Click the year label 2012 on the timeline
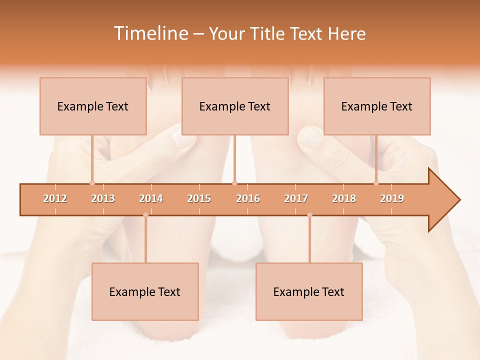click(55, 198)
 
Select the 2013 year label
click(103, 198)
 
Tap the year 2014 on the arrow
click(151, 198)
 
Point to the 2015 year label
click(199, 198)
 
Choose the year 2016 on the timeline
click(248, 198)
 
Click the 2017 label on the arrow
click(296, 198)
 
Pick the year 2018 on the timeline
click(344, 198)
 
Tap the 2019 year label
click(392, 198)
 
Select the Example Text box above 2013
click(93, 106)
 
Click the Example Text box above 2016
click(235, 106)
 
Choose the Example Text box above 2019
click(377, 106)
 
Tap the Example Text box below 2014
click(145, 292)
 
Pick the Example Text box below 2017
click(309, 292)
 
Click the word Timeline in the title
click(150, 33)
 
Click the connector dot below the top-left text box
click(92, 183)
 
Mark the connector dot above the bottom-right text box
click(309, 215)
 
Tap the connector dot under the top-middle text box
click(235, 183)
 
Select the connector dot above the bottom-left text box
click(145, 215)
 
